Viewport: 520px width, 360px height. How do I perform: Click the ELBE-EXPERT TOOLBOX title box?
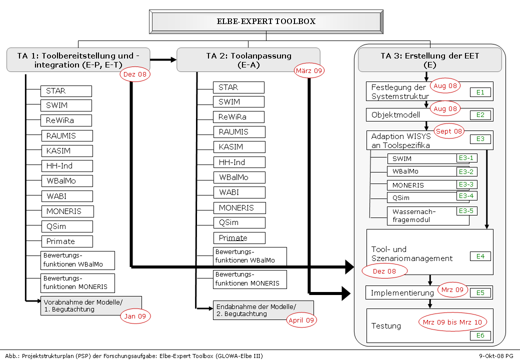click(266, 22)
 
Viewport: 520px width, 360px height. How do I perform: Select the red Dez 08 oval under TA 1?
click(135, 74)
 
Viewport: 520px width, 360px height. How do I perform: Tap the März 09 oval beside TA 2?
click(309, 71)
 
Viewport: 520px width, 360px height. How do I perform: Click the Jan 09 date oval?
click(135, 316)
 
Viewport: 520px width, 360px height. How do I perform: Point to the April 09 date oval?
click(301, 320)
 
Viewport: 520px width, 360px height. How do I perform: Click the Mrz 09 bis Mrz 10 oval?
click(452, 322)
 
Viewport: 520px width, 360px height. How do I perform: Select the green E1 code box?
click(480, 92)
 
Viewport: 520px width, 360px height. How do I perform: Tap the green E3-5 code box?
click(466, 211)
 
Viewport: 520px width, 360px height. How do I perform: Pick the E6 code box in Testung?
click(480, 335)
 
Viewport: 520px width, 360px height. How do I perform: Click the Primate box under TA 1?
click(67, 241)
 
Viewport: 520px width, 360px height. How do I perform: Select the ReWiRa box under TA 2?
click(238, 117)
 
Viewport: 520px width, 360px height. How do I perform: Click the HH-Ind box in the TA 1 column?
click(67, 166)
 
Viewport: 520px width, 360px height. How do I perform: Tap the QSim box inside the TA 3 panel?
click(421, 197)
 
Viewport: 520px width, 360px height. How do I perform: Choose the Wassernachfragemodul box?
click(421, 215)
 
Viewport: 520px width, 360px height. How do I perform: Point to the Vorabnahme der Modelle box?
click(90, 305)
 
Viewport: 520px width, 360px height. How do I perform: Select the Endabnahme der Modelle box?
click(255, 310)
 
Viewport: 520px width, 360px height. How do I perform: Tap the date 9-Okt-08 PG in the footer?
click(496, 356)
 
